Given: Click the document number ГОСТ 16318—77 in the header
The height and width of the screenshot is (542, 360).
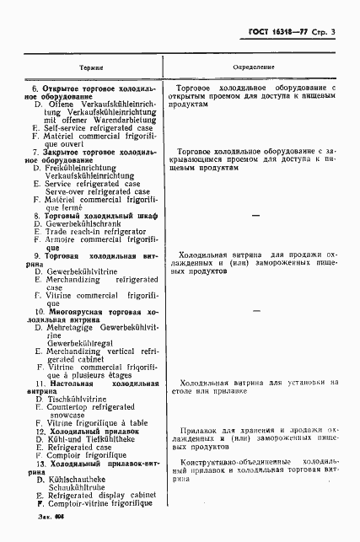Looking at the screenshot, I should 274,32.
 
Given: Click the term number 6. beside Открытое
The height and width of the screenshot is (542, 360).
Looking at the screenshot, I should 35,89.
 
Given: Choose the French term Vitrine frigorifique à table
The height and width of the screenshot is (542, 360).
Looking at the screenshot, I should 97,421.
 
